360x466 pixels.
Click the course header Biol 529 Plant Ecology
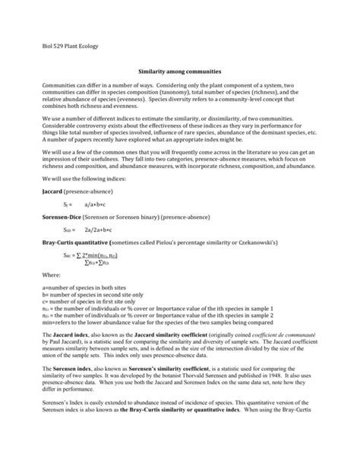(68, 47)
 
